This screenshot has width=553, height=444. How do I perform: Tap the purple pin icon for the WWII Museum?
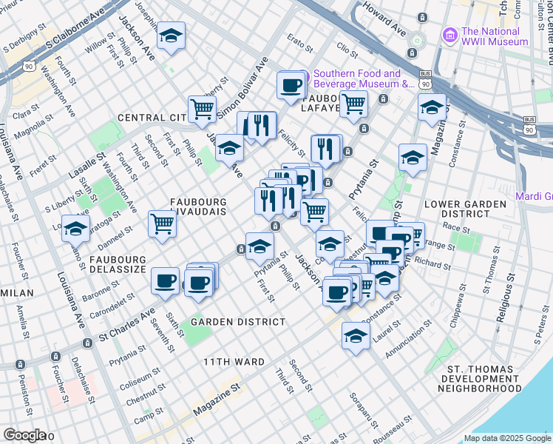point(449,36)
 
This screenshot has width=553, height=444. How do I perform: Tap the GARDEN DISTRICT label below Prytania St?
point(238,322)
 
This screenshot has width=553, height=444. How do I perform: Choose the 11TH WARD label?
point(234,362)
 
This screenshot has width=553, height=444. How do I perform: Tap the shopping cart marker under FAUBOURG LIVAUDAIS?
point(162,223)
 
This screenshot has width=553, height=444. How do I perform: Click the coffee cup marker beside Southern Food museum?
point(291,85)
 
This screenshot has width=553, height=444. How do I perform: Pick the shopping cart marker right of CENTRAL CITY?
point(201,110)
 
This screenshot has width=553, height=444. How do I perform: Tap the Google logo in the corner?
point(24,434)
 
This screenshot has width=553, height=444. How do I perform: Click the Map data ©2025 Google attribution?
point(507,438)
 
